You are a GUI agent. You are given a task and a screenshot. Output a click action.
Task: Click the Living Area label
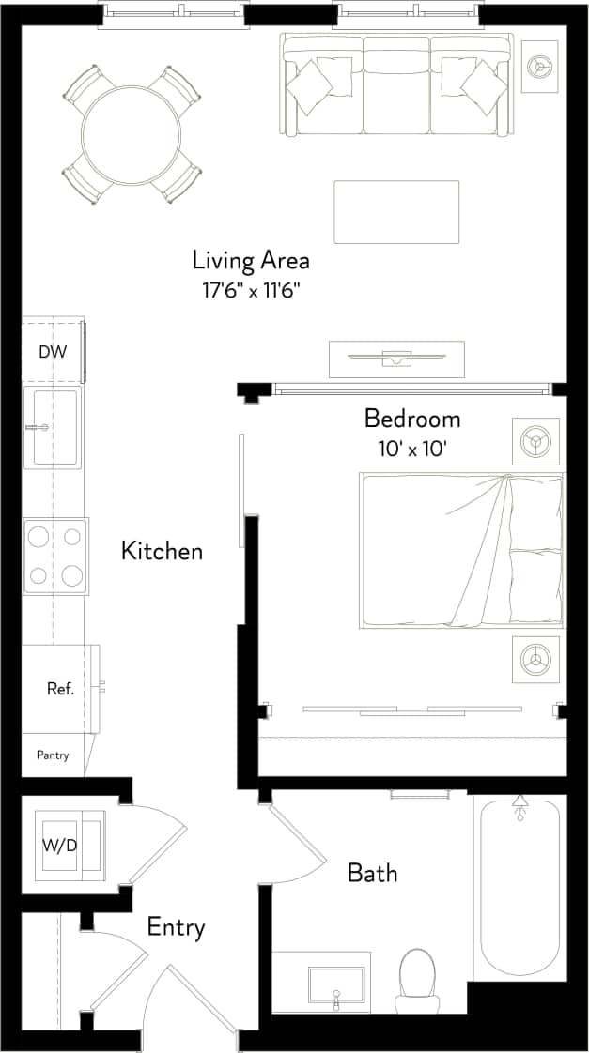[251, 260]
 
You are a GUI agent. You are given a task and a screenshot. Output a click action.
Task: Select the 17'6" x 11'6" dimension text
[251, 291]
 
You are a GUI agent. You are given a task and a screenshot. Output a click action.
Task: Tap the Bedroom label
[412, 418]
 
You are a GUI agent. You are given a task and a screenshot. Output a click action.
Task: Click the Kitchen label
[162, 551]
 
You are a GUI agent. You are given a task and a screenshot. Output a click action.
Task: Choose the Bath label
[372, 873]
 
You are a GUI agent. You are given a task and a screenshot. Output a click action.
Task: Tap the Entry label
[176, 928]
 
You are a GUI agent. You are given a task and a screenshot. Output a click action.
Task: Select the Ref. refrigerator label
[60, 689]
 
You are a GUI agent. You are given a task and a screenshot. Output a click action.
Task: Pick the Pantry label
[53, 755]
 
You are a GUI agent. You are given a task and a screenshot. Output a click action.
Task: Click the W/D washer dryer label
[59, 846]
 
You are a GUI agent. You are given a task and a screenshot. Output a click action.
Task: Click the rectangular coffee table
[396, 211]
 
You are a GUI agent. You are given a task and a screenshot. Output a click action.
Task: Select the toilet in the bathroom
[416, 978]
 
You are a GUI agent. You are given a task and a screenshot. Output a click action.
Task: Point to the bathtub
[519, 887]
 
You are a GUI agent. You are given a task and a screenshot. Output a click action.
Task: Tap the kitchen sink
[54, 427]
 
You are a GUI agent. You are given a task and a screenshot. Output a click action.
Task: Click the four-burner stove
[54, 556]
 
